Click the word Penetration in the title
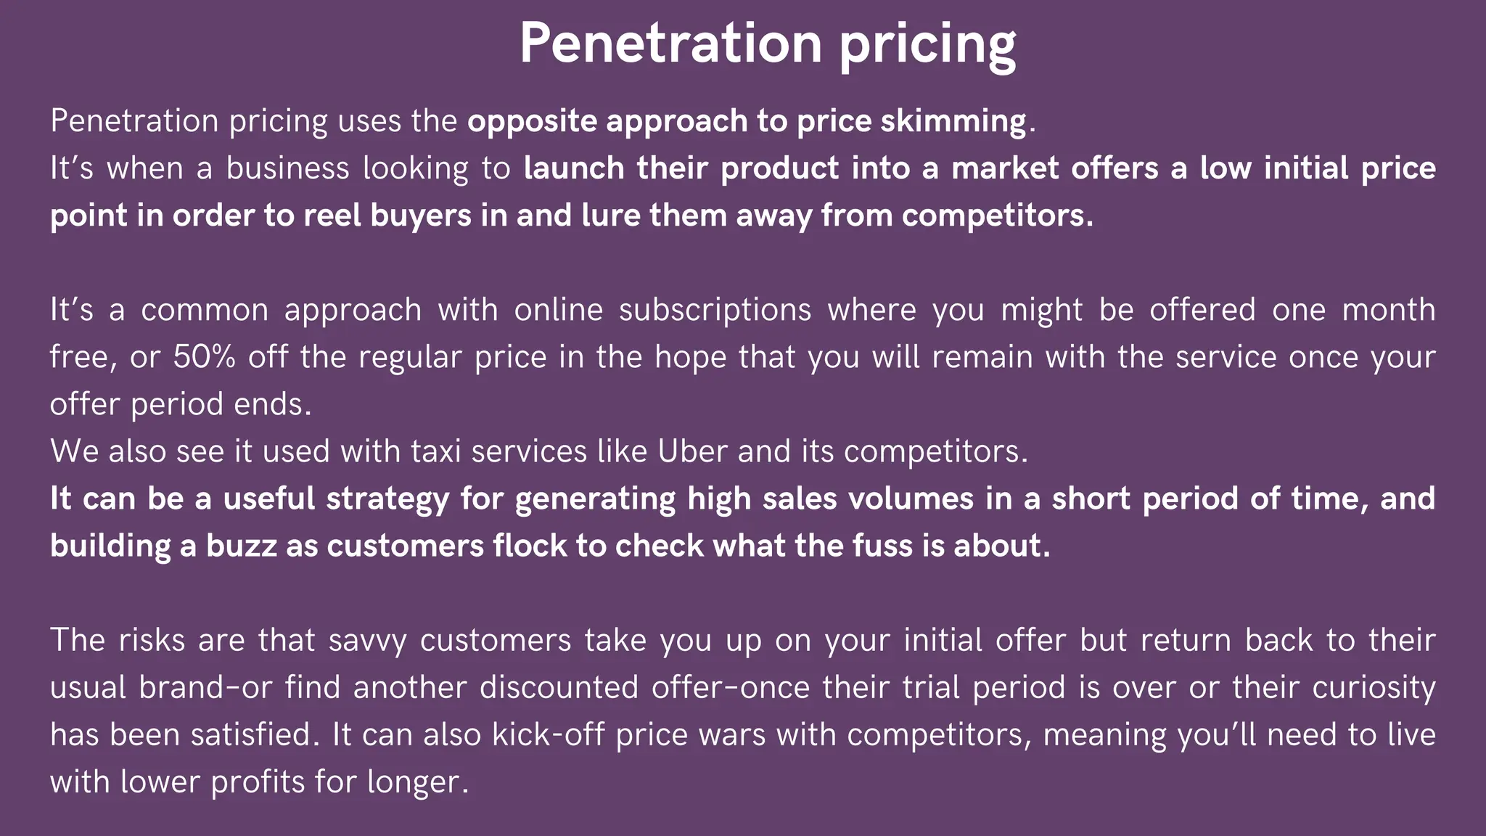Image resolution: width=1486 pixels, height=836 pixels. [x=670, y=44]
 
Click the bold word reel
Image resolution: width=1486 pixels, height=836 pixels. [x=332, y=216]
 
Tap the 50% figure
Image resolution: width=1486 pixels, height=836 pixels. [x=204, y=357]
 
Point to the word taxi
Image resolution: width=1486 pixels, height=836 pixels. [x=436, y=451]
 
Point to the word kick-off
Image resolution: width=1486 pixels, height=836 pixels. [x=548, y=734]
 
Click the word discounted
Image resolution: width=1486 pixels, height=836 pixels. [x=559, y=688]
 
